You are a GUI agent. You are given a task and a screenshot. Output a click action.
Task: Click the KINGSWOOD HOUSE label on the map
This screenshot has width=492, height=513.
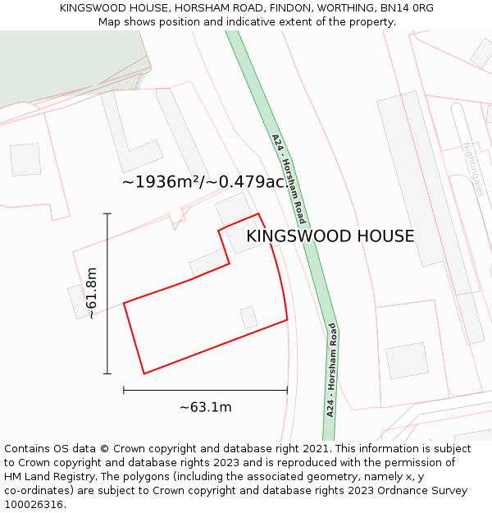tap(330, 236)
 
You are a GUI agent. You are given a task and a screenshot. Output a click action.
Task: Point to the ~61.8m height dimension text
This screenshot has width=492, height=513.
tap(92, 293)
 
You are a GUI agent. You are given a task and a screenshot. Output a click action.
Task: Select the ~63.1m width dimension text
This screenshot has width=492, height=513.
tap(205, 407)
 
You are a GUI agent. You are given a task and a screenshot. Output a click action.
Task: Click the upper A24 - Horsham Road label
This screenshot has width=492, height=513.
tap(289, 179)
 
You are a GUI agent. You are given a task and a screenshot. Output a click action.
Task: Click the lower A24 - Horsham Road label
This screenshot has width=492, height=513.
tap(331, 369)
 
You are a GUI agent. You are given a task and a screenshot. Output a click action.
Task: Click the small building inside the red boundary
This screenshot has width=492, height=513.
tap(248, 318)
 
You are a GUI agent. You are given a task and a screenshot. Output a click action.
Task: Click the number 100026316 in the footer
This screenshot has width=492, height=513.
tap(33, 505)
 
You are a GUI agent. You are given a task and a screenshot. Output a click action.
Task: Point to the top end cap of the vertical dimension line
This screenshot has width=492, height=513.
tap(107, 213)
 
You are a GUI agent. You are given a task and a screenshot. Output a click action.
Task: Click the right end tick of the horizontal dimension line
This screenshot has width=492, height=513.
tap(287, 391)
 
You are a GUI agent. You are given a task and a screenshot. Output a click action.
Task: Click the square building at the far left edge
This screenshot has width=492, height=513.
tap(25, 159)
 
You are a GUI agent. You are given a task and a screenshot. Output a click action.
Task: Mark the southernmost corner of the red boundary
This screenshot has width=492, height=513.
tap(144, 373)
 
